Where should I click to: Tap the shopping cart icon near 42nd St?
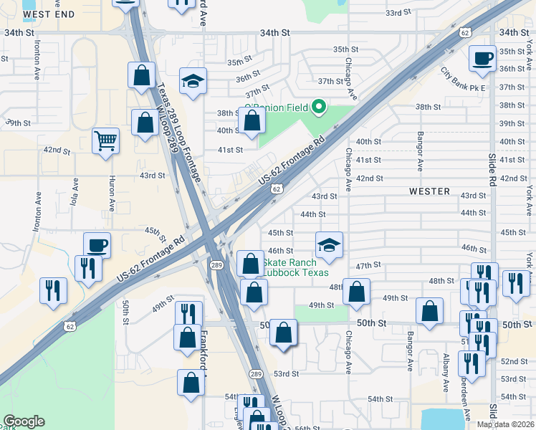(x=105, y=140)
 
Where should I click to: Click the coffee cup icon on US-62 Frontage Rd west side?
(x=97, y=245)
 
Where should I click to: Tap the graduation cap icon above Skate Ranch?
(x=329, y=244)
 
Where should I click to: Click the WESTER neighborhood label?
(x=430, y=191)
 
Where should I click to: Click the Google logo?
(x=24, y=421)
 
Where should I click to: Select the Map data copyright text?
(x=505, y=424)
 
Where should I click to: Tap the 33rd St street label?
(x=398, y=13)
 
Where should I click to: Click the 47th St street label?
(x=368, y=265)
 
